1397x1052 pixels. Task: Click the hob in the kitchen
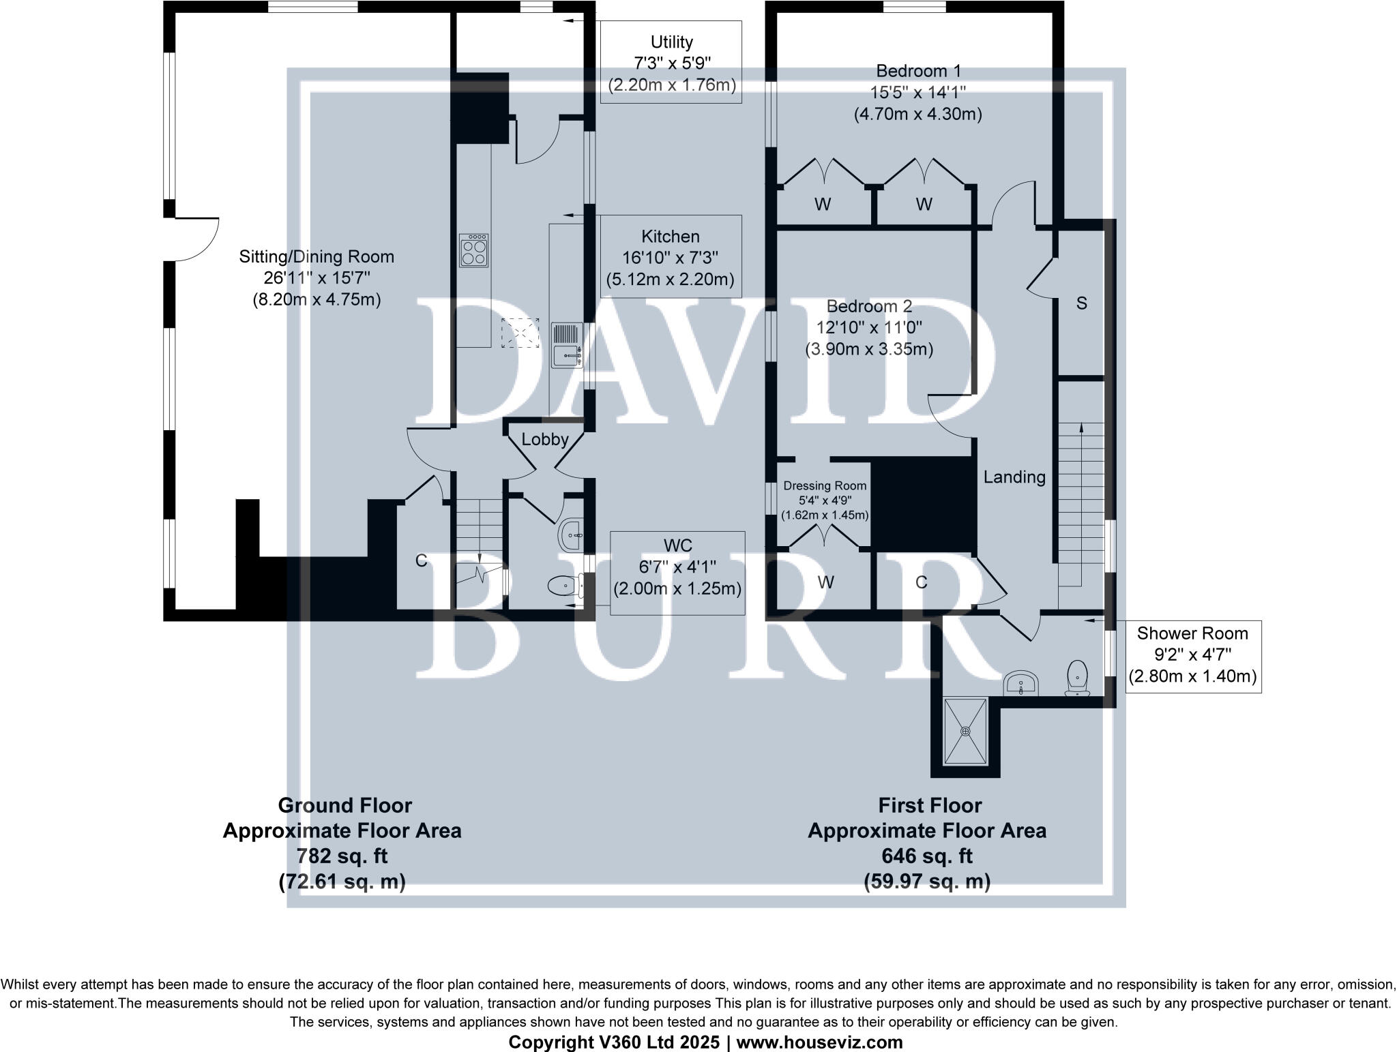[475, 250]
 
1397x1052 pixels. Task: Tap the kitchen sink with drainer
[566, 346]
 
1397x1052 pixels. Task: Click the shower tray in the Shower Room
[965, 731]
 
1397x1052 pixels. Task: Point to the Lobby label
[544, 440]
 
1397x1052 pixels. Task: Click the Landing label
[1014, 477]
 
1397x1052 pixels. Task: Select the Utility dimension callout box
[671, 62]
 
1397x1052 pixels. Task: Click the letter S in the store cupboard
[1081, 303]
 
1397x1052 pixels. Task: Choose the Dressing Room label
[825, 486]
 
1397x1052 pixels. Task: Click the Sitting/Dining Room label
[317, 257]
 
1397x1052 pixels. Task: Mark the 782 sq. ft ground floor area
[342, 856]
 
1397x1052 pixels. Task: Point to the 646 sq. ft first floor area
[927, 856]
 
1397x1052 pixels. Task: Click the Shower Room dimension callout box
[1192, 655]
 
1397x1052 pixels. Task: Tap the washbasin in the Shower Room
[1021, 682]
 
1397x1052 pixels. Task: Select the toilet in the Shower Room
[1077, 677]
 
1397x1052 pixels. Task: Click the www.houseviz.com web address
[819, 1042]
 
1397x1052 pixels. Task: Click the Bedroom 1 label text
[918, 71]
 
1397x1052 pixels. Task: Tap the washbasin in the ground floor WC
[572, 535]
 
